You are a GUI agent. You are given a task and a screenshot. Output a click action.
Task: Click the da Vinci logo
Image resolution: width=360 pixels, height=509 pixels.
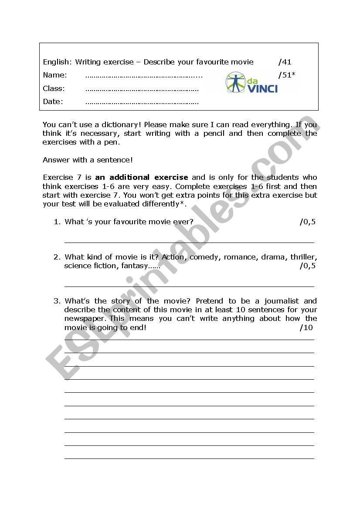click(x=251, y=83)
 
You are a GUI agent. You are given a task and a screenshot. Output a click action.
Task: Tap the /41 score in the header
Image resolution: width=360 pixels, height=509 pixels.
click(x=285, y=62)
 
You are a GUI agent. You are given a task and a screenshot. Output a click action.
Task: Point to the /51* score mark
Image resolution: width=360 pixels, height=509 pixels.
click(x=286, y=75)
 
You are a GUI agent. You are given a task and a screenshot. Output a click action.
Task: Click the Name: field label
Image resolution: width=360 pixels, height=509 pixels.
click(x=55, y=75)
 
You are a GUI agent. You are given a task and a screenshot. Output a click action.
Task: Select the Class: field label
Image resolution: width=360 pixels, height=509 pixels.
click(x=54, y=88)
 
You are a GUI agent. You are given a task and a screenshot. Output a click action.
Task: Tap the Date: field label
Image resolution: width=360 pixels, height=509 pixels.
click(x=53, y=101)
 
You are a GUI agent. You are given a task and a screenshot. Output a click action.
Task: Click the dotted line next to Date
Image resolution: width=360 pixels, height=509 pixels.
click(x=142, y=103)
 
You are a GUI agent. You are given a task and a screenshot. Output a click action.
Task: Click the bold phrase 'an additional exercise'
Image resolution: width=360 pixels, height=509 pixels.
click(x=142, y=177)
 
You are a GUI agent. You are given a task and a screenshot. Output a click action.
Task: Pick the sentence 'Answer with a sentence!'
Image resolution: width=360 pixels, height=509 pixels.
click(x=88, y=160)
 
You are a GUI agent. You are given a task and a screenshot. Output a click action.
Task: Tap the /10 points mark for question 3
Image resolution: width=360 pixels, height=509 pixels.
click(x=306, y=327)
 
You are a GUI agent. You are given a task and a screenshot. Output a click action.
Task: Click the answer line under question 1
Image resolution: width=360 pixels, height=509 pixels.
click(x=189, y=242)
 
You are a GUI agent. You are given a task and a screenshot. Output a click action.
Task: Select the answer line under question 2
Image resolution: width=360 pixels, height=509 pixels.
click(x=189, y=286)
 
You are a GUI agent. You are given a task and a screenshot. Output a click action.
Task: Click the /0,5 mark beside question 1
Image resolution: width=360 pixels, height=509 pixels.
click(x=307, y=222)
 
